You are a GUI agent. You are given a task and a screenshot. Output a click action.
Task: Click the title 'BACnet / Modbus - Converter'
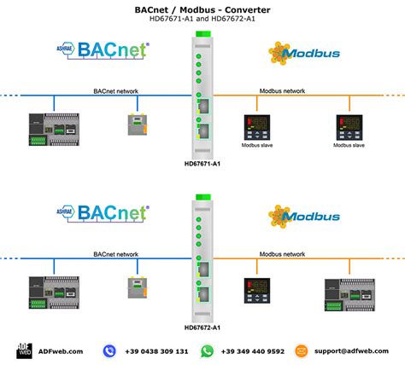202,10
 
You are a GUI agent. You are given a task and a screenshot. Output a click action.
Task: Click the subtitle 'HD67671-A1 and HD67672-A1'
202,21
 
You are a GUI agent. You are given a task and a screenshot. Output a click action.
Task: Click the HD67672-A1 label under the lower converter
202,327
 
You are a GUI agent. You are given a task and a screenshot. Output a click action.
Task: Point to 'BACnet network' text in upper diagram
115,90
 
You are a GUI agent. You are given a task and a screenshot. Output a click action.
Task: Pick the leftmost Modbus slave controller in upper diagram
255,126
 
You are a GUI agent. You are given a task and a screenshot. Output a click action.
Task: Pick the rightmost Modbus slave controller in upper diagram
348,126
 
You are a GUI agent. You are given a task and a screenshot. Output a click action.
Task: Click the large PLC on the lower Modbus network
348,292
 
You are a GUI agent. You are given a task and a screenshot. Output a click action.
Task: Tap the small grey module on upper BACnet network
137,125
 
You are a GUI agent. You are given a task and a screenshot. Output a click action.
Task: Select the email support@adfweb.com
352,351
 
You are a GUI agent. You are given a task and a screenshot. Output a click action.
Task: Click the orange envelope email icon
301,351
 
